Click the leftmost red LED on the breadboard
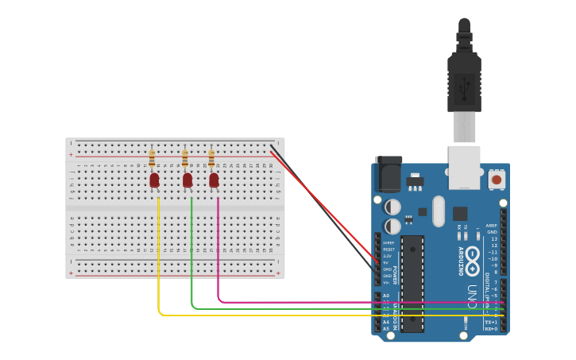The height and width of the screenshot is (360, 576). point(154,180)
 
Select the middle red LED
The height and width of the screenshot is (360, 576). point(187,180)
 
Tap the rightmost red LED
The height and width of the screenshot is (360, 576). point(214,180)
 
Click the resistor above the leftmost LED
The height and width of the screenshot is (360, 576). point(152,159)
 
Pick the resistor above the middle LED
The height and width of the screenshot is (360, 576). point(185,159)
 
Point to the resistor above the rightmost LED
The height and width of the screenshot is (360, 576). point(211,158)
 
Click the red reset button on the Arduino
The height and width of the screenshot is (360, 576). point(497,180)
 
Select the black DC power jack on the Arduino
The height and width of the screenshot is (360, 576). point(389,174)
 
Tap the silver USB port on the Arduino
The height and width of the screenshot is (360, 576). point(464,167)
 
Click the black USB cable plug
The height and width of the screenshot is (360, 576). point(464,79)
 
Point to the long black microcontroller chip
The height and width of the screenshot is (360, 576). point(412,283)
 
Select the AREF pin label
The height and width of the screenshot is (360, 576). point(493,226)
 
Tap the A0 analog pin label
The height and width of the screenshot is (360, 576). point(386,296)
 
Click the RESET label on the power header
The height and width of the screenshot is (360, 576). point(388,250)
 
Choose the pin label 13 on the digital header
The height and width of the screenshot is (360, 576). point(493,238)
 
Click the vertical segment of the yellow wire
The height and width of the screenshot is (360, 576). point(158,254)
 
